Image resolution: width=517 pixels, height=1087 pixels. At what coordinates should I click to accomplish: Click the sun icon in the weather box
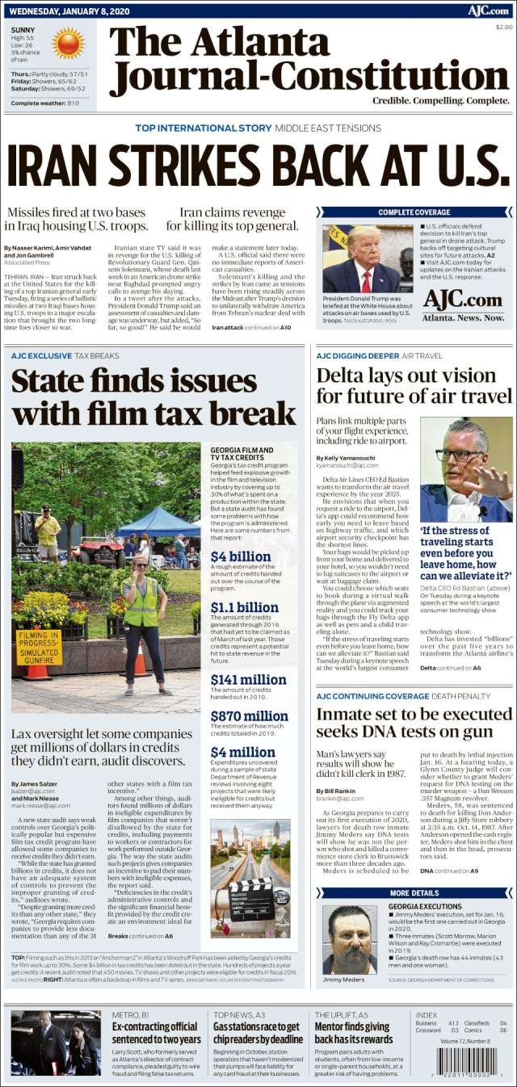pyautogui.click(x=69, y=44)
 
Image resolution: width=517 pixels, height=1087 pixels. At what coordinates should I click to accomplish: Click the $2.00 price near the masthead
pyautogui.click(x=503, y=27)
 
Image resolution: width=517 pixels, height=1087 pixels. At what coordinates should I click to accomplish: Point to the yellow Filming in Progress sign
pyautogui.click(x=39, y=647)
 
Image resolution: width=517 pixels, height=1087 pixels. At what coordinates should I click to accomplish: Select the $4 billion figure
pyautogui.click(x=240, y=556)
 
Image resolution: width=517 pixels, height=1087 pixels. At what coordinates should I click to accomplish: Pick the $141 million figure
pyautogui.click(x=248, y=679)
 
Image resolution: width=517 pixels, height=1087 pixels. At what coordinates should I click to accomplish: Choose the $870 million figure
pyautogui.click(x=249, y=716)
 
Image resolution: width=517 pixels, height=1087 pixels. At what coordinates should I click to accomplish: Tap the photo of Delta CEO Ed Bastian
pyautogui.click(x=466, y=469)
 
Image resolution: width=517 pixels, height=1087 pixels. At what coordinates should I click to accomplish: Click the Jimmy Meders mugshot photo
pyautogui.click(x=349, y=938)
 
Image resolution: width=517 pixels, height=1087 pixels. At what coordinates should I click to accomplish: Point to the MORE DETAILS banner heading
pyautogui.click(x=414, y=893)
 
